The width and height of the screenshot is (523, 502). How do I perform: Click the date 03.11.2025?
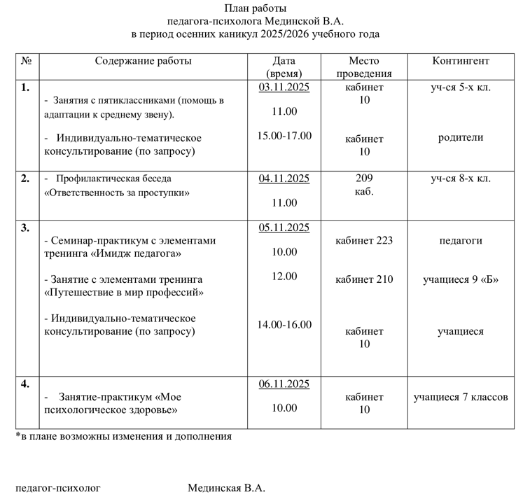[x=284, y=88]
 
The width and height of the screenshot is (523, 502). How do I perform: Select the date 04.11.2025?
[x=284, y=179]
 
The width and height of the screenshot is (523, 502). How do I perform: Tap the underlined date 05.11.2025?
[x=284, y=228]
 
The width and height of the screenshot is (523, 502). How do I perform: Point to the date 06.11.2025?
[x=284, y=384]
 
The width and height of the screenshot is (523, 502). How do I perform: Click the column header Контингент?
[x=460, y=61]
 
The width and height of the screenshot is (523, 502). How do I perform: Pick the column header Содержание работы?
[x=143, y=61]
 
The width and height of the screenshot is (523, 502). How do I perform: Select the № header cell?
[x=27, y=61]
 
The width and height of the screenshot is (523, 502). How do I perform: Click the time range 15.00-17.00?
[x=284, y=136]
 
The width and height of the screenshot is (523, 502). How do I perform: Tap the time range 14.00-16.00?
[x=284, y=324]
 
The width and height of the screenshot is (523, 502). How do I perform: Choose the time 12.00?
[x=284, y=277]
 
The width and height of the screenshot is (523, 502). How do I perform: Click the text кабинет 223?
[x=364, y=241]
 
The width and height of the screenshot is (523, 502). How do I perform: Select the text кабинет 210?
[x=364, y=280]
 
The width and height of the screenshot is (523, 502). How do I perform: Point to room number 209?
[x=364, y=179]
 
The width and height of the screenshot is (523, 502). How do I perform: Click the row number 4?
[x=25, y=384]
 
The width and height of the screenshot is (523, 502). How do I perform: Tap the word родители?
[x=460, y=138]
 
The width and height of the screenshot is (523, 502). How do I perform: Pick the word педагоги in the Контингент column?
[x=460, y=241]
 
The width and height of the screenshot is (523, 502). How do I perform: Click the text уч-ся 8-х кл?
[x=460, y=179]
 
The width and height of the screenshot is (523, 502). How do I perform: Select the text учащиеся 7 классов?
[x=460, y=398]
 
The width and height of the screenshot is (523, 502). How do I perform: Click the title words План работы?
[x=256, y=8]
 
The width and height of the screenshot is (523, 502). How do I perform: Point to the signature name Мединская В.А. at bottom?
[x=226, y=488]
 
